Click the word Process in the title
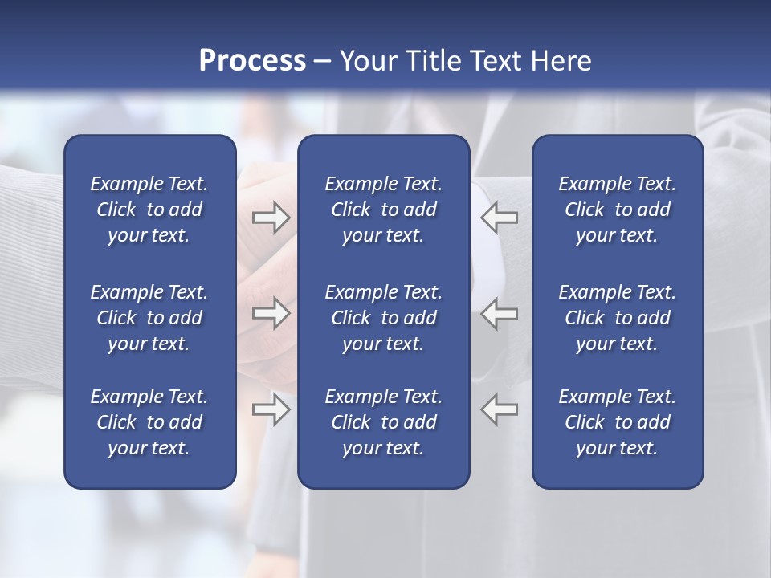(x=252, y=61)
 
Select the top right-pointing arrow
(x=271, y=218)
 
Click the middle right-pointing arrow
(x=271, y=313)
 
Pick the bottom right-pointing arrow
(x=271, y=409)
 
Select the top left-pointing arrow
(x=500, y=218)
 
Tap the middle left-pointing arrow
(x=500, y=313)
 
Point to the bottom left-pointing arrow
(x=500, y=409)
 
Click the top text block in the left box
(x=149, y=210)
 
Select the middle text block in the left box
(x=149, y=318)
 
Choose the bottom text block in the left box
(x=149, y=422)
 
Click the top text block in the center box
(x=383, y=210)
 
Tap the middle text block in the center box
(x=383, y=318)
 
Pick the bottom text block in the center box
(x=383, y=422)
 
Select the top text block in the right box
(x=618, y=210)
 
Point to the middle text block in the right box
(x=618, y=318)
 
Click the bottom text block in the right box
(x=618, y=422)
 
